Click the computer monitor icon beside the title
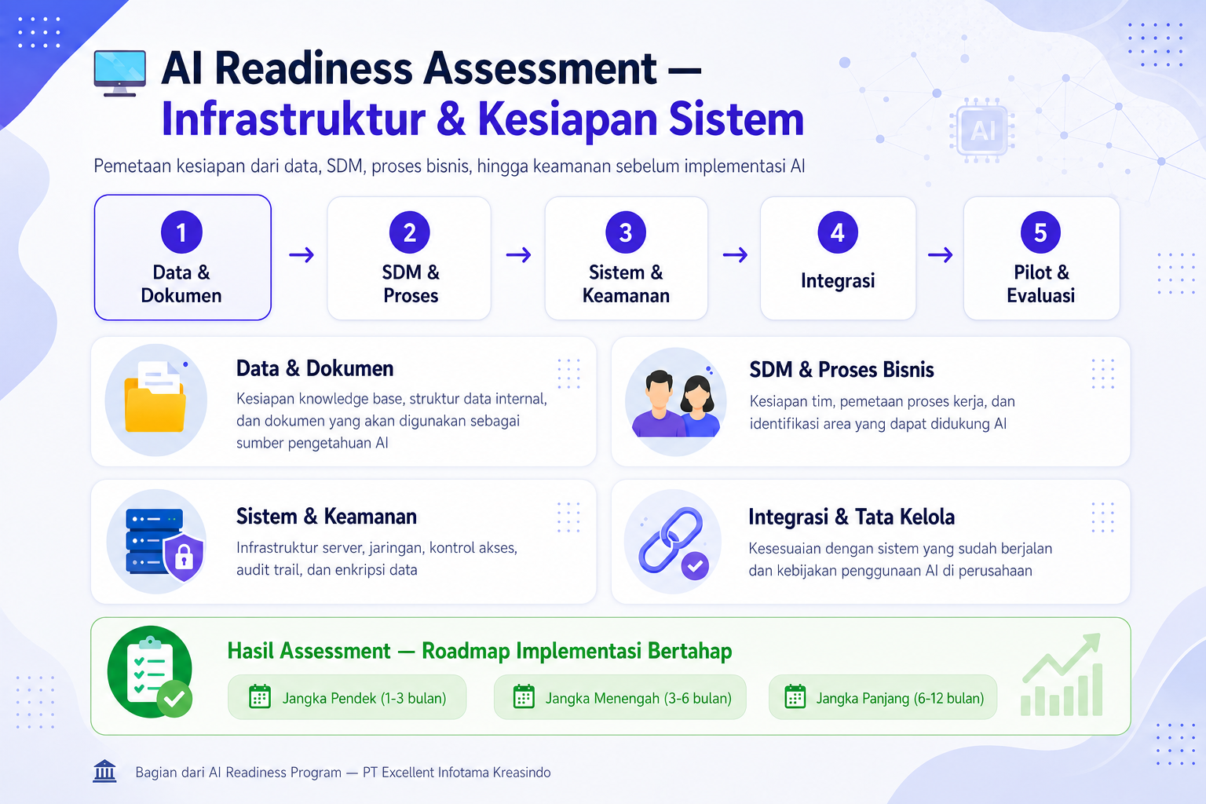point(119,73)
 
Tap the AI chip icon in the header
point(982,130)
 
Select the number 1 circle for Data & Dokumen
point(181,232)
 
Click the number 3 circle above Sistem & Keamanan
point(625,232)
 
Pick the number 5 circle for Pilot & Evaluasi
point(1040,232)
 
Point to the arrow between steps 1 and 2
point(301,254)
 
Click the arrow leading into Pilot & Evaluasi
point(940,254)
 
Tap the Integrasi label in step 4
point(838,280)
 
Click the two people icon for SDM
point(676,404)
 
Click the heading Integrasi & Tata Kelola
point(851,517)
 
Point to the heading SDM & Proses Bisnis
point(842,370)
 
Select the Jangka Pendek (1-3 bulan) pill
point(347,697)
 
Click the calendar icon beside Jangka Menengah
point(524,697)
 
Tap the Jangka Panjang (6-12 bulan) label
point(900,699)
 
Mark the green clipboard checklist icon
point(150,671)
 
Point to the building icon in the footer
point(104,771)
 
